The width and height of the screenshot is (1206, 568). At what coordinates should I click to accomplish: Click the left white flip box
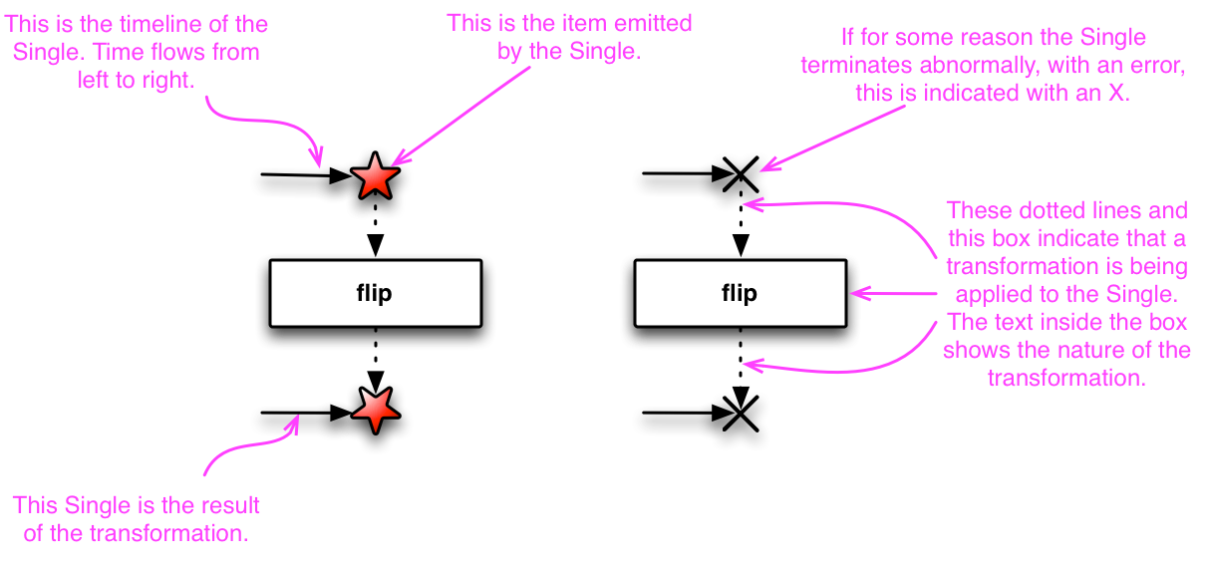point(375,293)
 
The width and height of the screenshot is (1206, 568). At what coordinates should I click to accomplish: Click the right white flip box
point(740,293)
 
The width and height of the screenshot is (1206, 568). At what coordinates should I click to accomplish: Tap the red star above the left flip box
point(375,177)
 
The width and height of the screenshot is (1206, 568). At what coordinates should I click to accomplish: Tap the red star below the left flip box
point(375,408)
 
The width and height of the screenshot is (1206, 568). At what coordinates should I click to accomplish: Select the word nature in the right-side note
point(1120,350)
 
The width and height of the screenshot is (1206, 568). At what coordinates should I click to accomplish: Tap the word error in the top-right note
point(1148,66)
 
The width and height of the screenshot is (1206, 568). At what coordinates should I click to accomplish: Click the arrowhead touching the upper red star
point(398,158)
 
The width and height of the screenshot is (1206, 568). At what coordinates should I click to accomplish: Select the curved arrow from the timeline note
point(269,125)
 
